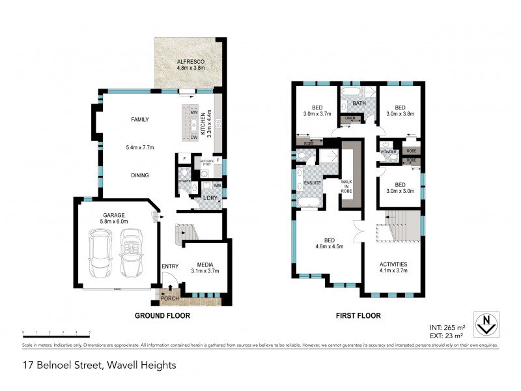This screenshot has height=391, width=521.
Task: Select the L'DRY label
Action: click(210, 197)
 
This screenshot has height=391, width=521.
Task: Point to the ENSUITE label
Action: click(311, 183)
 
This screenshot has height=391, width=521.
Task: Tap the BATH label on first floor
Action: click(358, 104)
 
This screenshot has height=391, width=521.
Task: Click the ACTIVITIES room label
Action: click(393, 264)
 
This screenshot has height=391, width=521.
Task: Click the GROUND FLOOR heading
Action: click(162, 315)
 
